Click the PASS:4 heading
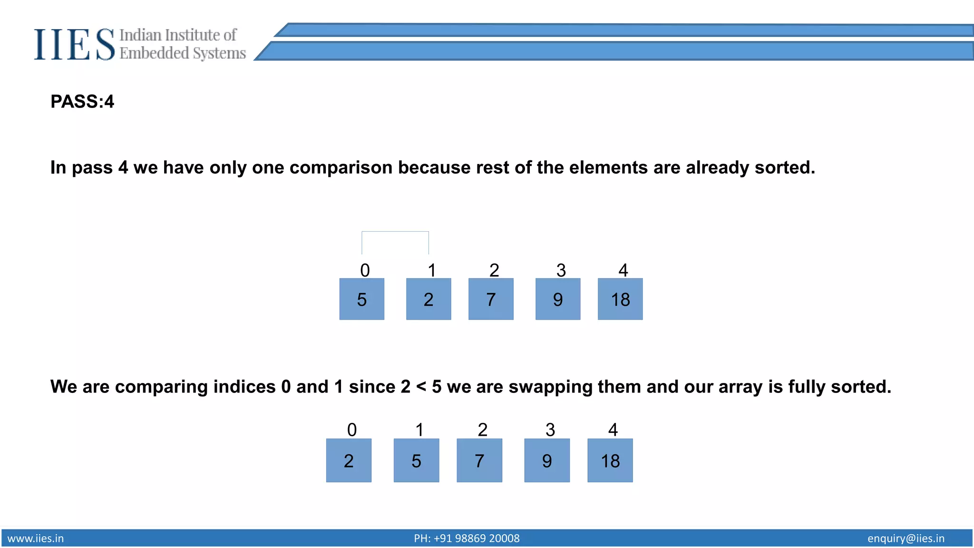(82, 102)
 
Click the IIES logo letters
(74, 45)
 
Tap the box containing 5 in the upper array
(361, 299)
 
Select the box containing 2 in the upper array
(429, 299)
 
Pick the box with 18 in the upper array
(620, 299)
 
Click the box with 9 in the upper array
(558, 299)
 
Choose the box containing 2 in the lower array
(349, 460)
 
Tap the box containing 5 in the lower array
(416, 460)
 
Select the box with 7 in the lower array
(479, 460)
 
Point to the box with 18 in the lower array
(610, 460)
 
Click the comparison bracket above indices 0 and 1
(395, 232)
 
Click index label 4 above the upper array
(623, 270)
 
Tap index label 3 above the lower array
(550, 430)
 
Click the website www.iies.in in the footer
(36, 538)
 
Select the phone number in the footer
(467, 538)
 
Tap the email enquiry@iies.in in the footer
(906, 538)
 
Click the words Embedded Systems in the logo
(183, 53)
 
